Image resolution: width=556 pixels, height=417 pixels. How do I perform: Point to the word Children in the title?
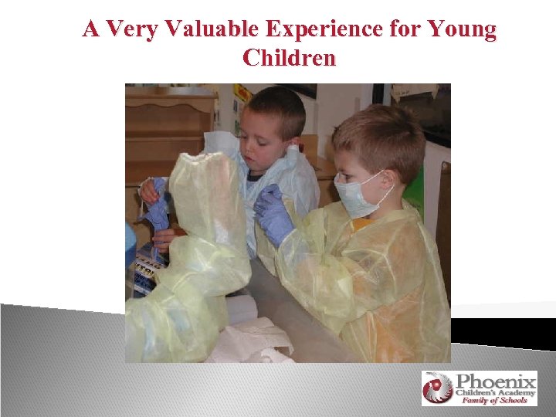pyautogui.click(x=290, y=58)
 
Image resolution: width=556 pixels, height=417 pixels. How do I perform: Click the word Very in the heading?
pyautogui.click(x=128, y=30)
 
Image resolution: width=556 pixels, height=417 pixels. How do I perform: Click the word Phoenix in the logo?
pyautogui.click(x=495, y=381)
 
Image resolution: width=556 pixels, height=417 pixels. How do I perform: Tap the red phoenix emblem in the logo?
pyautogui.click(x=437, y=388)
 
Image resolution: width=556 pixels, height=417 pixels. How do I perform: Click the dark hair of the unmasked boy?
pyautogui.click(x=274, y=104)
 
